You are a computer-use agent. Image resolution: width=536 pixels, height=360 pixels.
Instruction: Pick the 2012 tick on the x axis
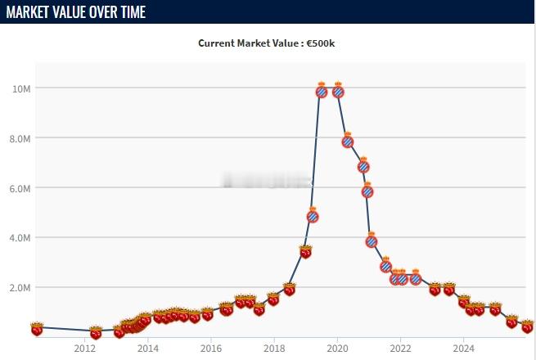click(85, 347)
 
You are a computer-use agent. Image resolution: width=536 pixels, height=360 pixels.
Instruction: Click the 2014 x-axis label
click(148, 347)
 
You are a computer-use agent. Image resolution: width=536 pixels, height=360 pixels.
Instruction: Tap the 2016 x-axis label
click(211, 347)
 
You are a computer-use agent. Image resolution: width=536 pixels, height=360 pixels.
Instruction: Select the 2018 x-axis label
click(274, 347)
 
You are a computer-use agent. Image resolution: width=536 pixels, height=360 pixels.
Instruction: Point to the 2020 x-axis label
click(337, 347)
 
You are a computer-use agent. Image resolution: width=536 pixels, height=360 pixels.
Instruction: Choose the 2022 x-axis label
click(400, 347)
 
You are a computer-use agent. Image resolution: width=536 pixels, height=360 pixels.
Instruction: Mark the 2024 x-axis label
click(463, 347)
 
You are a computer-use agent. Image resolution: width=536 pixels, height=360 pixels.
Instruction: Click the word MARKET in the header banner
click(36, 13)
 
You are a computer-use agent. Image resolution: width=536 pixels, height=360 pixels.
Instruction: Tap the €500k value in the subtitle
click(321, 43)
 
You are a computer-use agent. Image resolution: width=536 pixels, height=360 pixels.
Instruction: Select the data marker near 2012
click(96, 332)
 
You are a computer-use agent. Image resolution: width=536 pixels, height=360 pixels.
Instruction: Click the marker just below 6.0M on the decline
click(367, 191)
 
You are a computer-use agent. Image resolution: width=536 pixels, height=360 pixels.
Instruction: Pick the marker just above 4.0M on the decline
click(372, 241)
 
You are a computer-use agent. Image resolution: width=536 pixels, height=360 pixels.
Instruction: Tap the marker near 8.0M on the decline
click(347, 141)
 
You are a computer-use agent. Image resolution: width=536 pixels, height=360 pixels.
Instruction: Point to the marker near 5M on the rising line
click(313, 216)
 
